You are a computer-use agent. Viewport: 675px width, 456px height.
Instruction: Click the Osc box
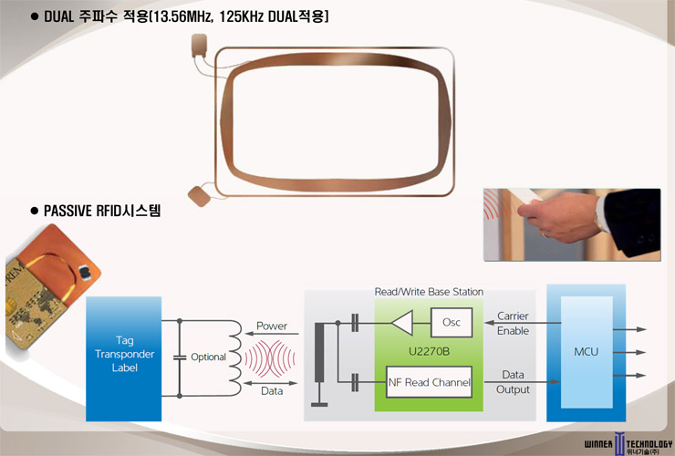(x=452, y=322)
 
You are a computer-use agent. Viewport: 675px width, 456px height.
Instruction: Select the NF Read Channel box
(x=429, y=382)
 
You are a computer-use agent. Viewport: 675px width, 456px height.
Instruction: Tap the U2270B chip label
(x=429, y=352)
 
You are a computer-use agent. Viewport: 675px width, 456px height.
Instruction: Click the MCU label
(x=586, y=352)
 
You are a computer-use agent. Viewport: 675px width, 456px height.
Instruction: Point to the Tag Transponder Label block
(x=123, y=358)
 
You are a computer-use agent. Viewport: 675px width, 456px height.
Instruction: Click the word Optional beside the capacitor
(x=208, y=357)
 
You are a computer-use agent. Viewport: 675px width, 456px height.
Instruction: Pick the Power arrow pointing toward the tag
(x=272, y=333)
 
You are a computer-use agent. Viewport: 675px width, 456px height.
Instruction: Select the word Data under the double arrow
(x=272, y=391)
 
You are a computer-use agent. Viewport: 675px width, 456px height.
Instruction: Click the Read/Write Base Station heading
(x=429, y=292)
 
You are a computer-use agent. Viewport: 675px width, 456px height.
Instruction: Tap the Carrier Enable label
(x=513, y=324)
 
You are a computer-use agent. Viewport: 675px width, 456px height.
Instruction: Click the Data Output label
(x=513, y=382)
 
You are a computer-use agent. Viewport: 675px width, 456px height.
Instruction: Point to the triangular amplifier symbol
(x=402, y=323)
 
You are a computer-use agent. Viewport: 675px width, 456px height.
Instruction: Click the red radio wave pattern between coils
(x=270, y=358)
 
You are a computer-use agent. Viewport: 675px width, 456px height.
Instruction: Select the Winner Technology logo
(x=628, y=443)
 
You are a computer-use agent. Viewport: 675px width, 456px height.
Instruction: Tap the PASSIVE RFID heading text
(x=102, y=211)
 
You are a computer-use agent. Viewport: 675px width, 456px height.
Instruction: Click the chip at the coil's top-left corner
(x=200, y=46)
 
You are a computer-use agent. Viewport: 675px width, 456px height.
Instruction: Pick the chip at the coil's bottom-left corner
(x=200, y=196)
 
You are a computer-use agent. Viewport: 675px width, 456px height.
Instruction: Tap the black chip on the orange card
(x=84, y=271)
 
